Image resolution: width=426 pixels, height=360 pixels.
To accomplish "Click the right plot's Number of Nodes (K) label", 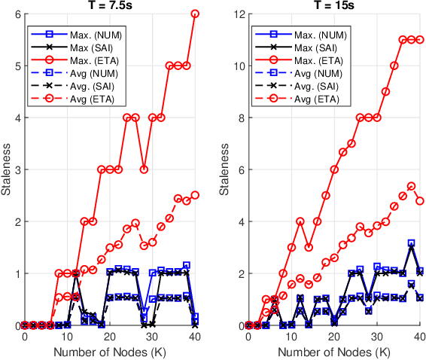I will click(334, 352).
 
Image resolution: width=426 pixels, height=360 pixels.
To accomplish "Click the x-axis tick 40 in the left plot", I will click(195, 337).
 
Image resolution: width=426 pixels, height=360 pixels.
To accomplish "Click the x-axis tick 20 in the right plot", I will click(334, 337).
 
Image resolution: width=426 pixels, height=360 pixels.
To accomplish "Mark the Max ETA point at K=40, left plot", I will click(195, 14).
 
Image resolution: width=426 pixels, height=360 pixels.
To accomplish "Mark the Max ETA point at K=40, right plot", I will click(420, 40).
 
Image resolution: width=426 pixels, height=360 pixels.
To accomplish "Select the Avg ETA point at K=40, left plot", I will click(195, 195).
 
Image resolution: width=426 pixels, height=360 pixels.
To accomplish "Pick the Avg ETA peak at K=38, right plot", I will click(411, 186).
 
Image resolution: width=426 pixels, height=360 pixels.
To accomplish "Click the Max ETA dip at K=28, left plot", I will click(144, 169).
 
